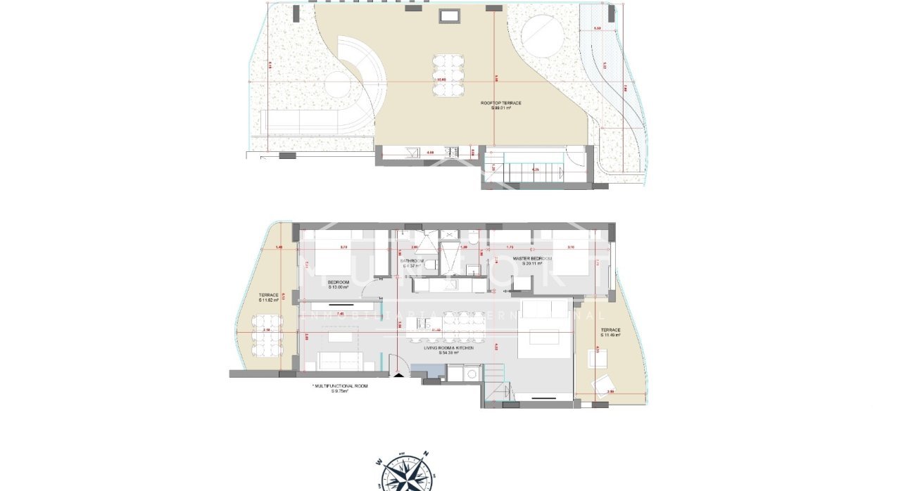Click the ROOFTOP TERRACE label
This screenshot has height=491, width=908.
(x=501, y=106)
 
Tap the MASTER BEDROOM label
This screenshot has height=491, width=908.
(x=532, y=262)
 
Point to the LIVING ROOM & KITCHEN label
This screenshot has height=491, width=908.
(x=448, y=350)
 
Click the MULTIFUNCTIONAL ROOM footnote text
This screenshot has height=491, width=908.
(x=340, y=388)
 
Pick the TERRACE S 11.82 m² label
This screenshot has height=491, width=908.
(x=269, y=298)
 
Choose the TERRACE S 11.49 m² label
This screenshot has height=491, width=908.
(x=610, y=332)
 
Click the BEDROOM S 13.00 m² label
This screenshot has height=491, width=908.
(x=339, y=284)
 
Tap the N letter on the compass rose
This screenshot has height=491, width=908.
(x=426, y=454)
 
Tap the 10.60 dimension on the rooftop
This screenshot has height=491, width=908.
(x=441, y=79)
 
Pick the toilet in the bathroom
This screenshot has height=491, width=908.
(x=434, y=265)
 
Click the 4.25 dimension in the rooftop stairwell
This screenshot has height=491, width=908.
(x=536, y=170)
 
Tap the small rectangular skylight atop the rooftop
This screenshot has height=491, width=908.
(x=448, y=15)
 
